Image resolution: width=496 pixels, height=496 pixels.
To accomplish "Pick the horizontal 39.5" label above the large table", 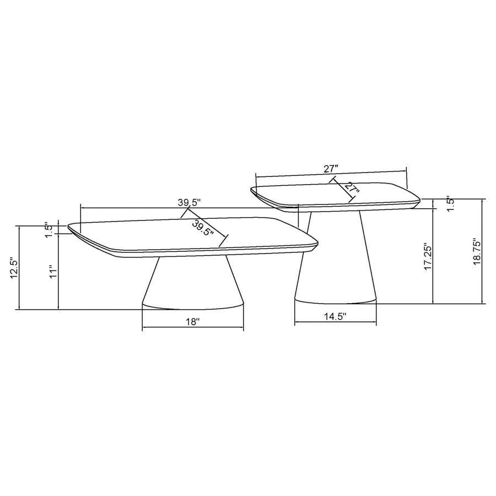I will pyautogui.click(x=188, y=202).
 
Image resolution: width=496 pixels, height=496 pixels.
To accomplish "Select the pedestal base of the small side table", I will pyautogui.click(x=336, y=259).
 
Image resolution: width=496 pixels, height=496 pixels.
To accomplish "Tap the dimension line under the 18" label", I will pyautogui.click(x=192, y=330).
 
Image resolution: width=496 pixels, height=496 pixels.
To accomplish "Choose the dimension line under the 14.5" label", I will pyautogui.click(x=336, y=324).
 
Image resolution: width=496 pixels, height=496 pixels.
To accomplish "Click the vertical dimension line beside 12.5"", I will pyautogui.click(x=20, y=267).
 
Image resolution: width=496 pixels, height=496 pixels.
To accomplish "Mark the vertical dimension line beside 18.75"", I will pyautogui.click(x=483, y=251).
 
